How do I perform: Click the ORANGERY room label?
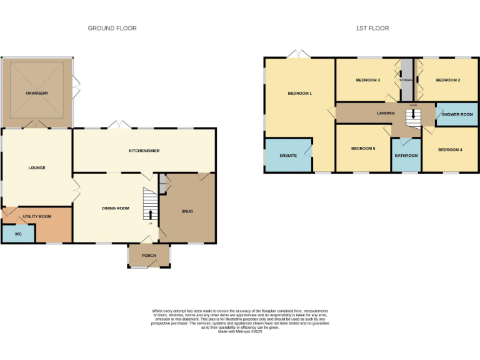(37, 93)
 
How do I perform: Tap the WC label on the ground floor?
(18, 234)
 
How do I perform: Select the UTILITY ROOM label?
(37, 216)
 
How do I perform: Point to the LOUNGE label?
(37, 167)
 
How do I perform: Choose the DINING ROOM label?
(115, 207)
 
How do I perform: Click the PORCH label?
(149, 255)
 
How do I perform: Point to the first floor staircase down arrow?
(412, 115)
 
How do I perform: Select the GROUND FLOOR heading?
(112, 28)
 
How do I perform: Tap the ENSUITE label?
(288, 155)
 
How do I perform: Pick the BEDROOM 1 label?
(299, 93)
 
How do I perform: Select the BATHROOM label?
(406, 155)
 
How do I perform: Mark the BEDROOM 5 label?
(363, 148)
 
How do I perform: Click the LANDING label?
(385, 113)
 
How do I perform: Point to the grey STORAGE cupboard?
(407, 80)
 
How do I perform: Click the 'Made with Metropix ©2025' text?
(240, 332)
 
